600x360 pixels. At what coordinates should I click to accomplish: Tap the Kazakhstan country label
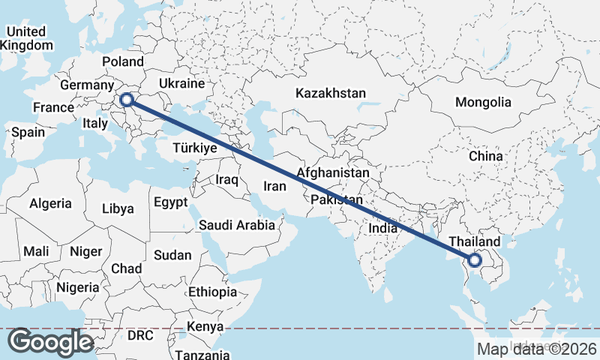tap(331, 94)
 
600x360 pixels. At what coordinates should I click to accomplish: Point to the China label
tap(485, 156)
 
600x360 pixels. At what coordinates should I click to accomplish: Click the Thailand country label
tap(474, 241)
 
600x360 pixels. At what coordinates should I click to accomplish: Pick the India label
tap(383, 227)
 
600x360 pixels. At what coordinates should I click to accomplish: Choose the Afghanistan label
tap(333, 172)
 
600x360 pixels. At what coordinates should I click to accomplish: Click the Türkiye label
tap(194, 148)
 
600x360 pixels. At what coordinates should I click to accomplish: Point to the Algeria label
tap(50, 203)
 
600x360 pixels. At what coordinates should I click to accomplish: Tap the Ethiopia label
tap(212, 292)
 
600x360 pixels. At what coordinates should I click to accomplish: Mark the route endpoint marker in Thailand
tap(474, 260)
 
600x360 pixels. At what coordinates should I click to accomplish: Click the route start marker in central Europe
tap(127, 99)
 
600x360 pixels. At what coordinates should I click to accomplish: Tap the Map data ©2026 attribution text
tap(537, 349)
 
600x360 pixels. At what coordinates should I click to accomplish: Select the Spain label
tap(28, 132)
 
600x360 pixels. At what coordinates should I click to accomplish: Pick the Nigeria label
tap(77, 287)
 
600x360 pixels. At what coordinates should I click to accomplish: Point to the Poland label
tap(123, 61)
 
